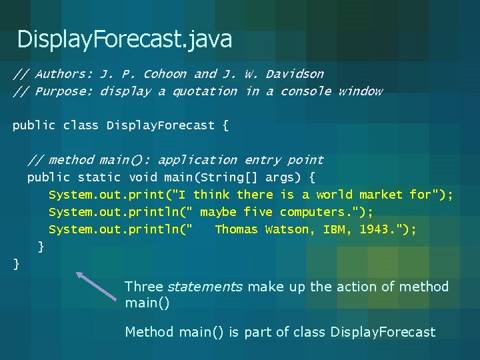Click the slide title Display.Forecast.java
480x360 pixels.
coord(125,40)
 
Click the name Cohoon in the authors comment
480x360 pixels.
coord(165,74)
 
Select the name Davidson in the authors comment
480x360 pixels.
coord(295,74)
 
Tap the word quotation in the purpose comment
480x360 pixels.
coord(205,91)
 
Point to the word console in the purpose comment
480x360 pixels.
coord(305,91)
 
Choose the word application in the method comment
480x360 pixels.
coord(197,160)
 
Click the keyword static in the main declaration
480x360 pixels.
coord(99,177)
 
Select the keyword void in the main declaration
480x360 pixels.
coord(143,177)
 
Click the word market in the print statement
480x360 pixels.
coord(381,195)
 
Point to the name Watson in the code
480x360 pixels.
coord(287,229)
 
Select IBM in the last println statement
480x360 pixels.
coord(334,229)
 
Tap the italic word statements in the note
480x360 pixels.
coord(205,287)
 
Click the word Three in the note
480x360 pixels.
coord(143,287)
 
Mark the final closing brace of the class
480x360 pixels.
coord(17,264)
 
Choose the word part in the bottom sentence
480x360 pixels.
coord(257,332)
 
